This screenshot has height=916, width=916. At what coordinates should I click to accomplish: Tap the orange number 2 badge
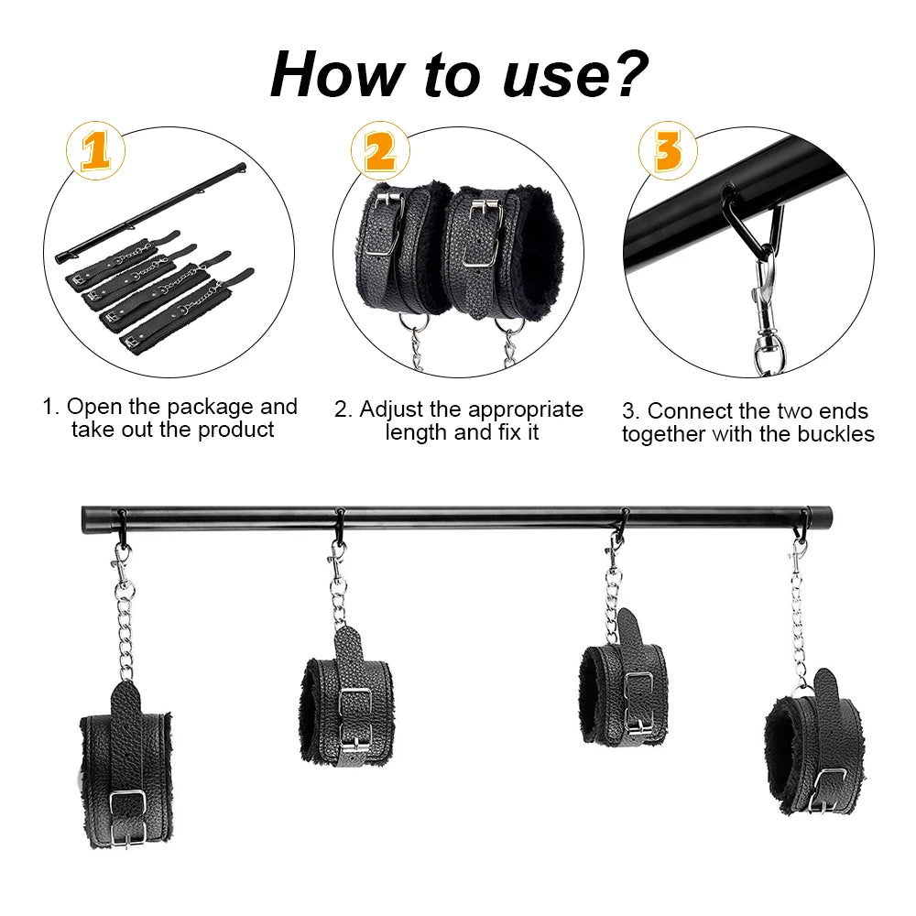click(x=379, y=151)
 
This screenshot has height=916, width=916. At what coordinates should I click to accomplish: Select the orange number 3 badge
click(x=675, y=151)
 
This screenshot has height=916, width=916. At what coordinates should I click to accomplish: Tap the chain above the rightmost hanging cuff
click(x=800, y=623)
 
